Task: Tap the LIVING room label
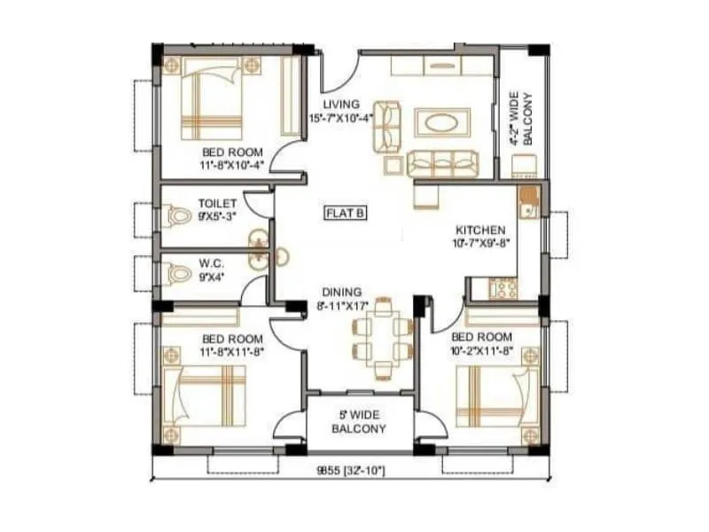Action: pyautogui.click(x=340, y=104)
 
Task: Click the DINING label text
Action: pyautogui.click(x=341, y=292)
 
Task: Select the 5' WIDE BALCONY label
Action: pyautogui.click(x=359, y=422)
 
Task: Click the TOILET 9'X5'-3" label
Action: pyautogui.click(x=217, y=209)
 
